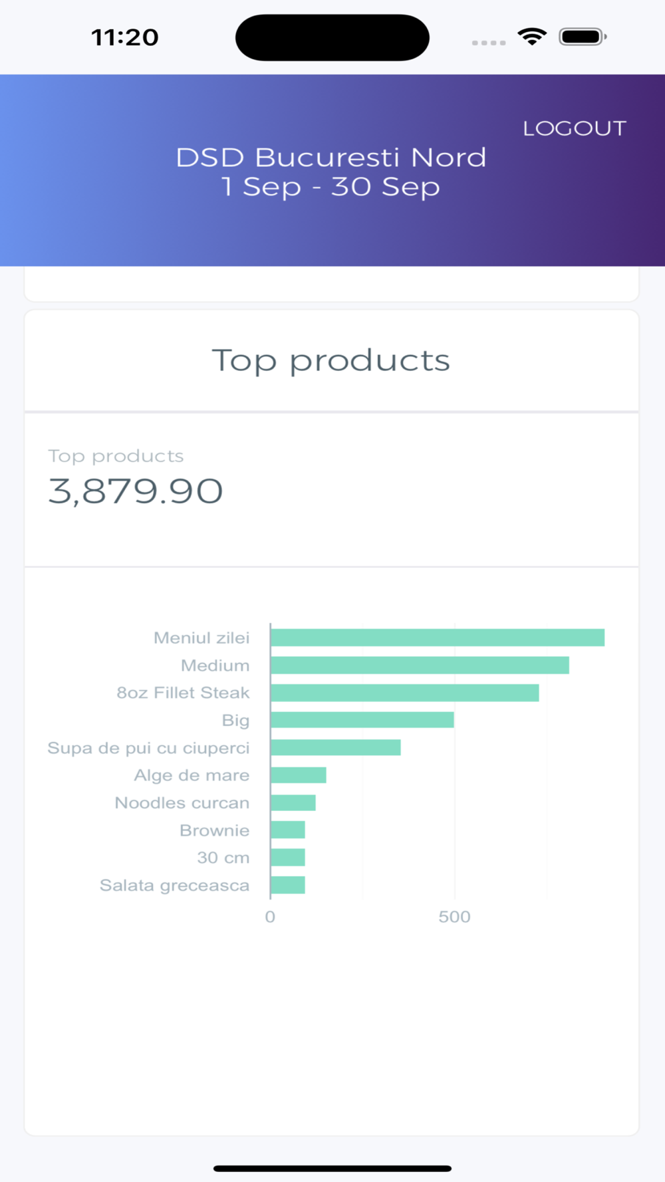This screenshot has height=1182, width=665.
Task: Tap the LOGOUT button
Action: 575,128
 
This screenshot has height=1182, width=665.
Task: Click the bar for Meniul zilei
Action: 438,638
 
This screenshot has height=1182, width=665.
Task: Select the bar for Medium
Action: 420,665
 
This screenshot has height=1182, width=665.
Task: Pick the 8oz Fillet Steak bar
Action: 404,693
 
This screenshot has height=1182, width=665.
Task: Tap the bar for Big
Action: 362,720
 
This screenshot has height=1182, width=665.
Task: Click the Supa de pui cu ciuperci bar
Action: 336,747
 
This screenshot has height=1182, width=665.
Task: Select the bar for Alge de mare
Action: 299,775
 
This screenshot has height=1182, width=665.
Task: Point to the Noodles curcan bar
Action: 293,802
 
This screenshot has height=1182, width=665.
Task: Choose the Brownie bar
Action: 288,830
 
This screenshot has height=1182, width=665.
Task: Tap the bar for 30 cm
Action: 288,858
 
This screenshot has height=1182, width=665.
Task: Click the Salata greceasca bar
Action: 288,885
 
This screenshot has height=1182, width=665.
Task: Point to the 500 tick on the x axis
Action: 454,917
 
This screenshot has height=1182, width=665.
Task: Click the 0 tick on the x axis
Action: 270,917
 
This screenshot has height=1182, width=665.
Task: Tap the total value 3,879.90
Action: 136,491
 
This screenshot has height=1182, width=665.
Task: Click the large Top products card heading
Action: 331,361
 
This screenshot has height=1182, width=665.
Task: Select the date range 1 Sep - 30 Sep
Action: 331,187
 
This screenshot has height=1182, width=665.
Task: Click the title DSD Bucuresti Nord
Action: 331,158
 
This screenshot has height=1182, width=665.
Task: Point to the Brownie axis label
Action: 214,830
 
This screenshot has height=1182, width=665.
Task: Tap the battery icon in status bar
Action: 583,37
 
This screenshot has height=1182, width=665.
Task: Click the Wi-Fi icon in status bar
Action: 532,37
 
